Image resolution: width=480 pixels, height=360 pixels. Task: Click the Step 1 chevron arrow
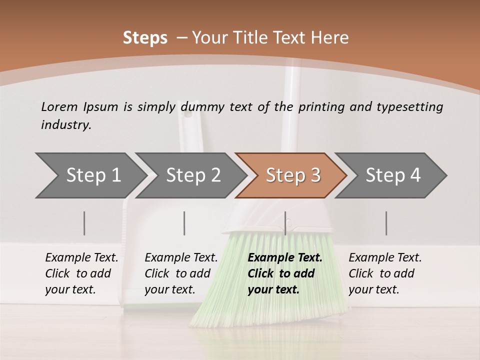click(90, 175)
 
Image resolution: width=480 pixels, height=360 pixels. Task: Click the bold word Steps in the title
click(145, 38)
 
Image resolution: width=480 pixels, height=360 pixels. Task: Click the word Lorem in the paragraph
click(59, 106)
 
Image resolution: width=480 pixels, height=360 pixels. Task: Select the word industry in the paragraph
click(65, 125)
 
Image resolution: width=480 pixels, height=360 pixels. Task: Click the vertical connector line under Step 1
click(84, 223)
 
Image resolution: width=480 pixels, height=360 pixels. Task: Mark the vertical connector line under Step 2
click(184, 223)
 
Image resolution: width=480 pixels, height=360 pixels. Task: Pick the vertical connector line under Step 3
click(285, 223)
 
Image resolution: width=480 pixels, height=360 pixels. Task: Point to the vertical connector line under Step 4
click(386, 223)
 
